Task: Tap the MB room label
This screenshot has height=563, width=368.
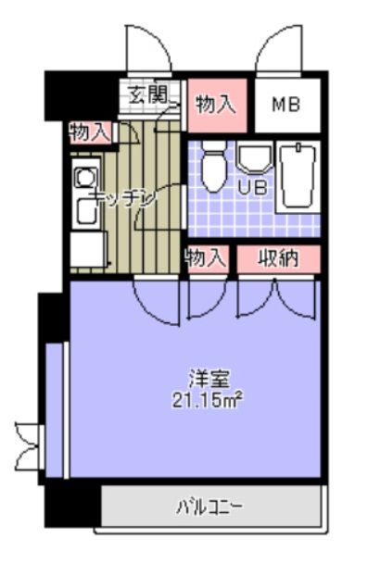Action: point(286,104)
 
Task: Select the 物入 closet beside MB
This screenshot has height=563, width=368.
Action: point(215,104)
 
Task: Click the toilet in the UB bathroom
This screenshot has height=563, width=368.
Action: point(214,167)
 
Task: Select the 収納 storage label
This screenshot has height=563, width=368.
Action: point(278,258)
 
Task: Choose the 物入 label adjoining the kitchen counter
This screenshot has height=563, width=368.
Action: point(90,132)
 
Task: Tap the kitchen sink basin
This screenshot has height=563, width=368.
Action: point(86,212)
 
